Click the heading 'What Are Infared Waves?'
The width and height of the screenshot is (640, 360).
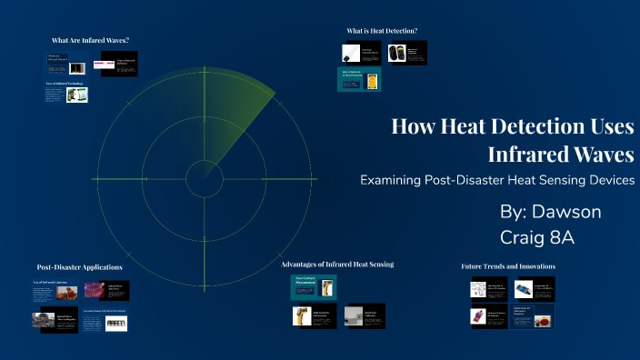point(90,40)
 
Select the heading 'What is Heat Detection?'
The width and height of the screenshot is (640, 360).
point(382,31)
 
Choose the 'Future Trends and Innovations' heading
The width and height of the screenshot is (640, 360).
point(508,265)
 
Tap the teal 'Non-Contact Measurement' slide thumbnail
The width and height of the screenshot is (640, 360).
point(308,285)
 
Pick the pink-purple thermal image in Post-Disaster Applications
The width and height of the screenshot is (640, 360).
point(94,291)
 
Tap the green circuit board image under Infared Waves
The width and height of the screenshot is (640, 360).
point(76,95)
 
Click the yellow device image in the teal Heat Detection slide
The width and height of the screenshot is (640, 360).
point(372,81)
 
